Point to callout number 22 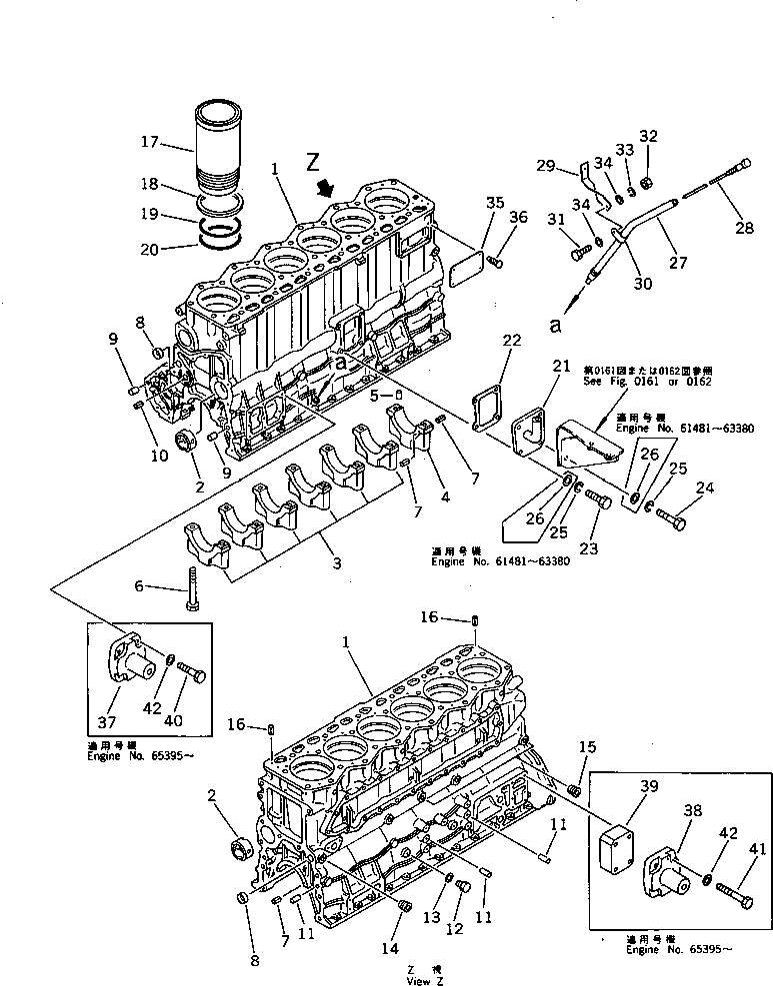coord(512,343)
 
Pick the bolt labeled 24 coord(669,516)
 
